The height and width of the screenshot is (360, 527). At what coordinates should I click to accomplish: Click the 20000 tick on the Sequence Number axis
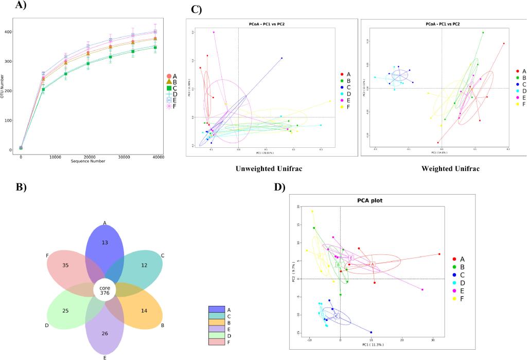(90, 157)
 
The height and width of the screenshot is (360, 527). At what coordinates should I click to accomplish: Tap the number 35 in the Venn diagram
(65, 266)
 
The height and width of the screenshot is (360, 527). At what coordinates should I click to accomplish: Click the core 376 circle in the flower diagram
(105, 290)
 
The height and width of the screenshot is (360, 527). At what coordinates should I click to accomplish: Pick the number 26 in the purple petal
(105, 334)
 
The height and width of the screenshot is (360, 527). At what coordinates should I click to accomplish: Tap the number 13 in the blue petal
(105, 242)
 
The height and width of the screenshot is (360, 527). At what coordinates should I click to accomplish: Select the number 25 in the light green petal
(65, 312)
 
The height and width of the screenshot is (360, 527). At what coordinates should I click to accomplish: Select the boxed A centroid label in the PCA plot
(373, 264)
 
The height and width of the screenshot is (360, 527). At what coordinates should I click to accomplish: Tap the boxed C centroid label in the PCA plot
(337, 316)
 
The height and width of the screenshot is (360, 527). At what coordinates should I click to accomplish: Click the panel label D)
(280, 186)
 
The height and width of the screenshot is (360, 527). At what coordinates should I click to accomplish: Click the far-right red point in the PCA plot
(440, 254)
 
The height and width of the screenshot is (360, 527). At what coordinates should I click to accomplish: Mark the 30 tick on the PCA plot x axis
(433, 340)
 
